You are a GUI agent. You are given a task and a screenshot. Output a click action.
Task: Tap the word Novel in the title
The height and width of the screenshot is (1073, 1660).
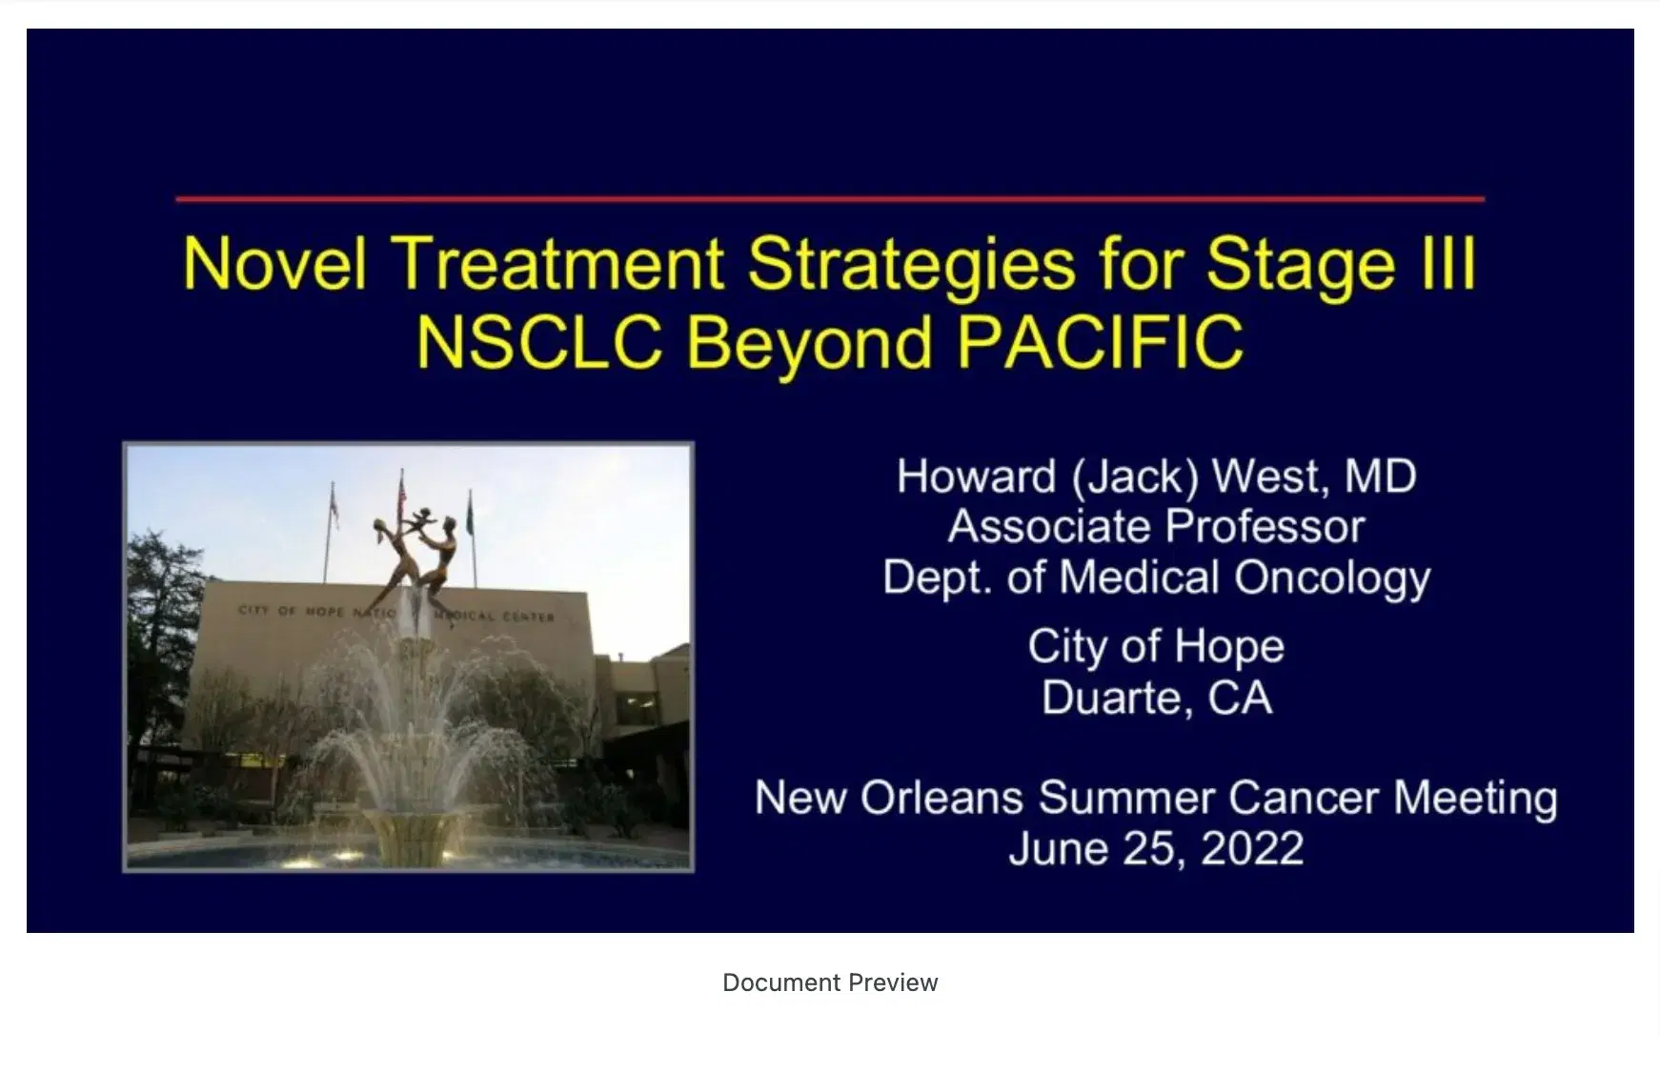point(274,263)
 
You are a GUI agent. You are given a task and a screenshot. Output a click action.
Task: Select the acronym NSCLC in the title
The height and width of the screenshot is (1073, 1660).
point(539,342)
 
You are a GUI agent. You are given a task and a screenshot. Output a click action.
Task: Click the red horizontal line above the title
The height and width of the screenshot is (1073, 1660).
point(829,199)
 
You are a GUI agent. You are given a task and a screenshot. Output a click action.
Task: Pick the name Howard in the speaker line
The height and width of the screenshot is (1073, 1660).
point(976,476)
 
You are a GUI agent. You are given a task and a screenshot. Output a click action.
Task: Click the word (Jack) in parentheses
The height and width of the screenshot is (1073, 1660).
point(1134,477)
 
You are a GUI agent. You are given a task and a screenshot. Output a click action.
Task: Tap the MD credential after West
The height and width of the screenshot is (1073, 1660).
point(1380,476)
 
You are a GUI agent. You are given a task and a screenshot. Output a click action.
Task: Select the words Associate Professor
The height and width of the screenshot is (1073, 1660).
point(1156,527)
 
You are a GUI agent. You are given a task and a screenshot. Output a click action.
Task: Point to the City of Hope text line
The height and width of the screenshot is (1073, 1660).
point(1156,647)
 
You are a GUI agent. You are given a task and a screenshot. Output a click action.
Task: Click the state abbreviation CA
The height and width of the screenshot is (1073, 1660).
point(1240,698)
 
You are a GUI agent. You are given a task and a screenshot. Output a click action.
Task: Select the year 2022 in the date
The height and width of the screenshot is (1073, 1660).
point(1251,849)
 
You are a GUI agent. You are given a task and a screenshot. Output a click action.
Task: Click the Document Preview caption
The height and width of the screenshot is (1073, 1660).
point(830,982)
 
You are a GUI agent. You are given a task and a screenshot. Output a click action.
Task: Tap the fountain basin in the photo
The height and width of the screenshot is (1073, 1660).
point(410,848)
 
